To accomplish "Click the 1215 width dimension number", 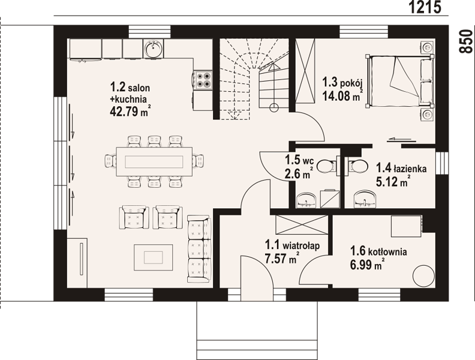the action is coord(425,7).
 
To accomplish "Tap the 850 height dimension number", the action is coord(466,41).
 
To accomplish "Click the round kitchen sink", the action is coord(154,49).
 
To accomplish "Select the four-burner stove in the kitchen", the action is coord(203,80).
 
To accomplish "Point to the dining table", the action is coord(154,161).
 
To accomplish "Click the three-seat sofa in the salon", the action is coord(199,249).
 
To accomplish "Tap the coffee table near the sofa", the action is coord(154,257).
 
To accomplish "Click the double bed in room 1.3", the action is coord(399,81).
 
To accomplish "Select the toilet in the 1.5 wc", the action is coord(326,166).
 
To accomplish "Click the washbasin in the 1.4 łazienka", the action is coord(366,199).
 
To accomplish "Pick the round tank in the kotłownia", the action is coord(424,276).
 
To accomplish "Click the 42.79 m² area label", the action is coord(130,111).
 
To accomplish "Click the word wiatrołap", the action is coord(301,246).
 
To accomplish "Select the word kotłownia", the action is coord(387,252).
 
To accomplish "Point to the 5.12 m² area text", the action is coord(393,182).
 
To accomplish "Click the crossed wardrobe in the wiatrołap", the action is coord(302,224).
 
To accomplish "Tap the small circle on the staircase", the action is coord(274,107).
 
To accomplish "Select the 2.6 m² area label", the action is coord(297,174).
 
